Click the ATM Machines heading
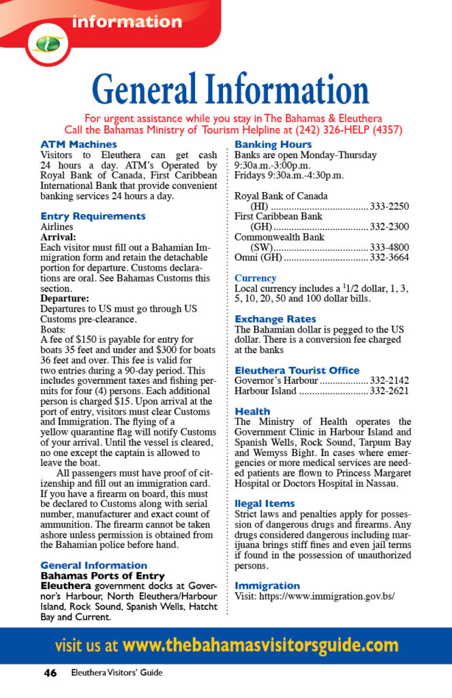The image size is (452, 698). [78, 145]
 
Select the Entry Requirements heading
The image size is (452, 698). [93, 216]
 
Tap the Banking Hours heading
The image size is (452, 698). [273, 145]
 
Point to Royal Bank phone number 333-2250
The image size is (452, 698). [389, 207]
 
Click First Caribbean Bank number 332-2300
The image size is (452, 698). [389, 227]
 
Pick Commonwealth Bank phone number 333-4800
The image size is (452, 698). [389, 248]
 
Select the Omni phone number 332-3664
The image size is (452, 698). [389, 258]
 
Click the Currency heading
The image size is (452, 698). [255, 278]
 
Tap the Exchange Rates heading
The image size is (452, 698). [275, 319]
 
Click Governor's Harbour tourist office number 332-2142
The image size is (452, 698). [389, 380]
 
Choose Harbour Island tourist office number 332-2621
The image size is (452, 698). [389, 391]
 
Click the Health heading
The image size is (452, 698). [252, 412]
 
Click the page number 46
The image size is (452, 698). [50, 673]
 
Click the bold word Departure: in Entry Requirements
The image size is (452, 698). [65, 299]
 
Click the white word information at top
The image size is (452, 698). [127, 21]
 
